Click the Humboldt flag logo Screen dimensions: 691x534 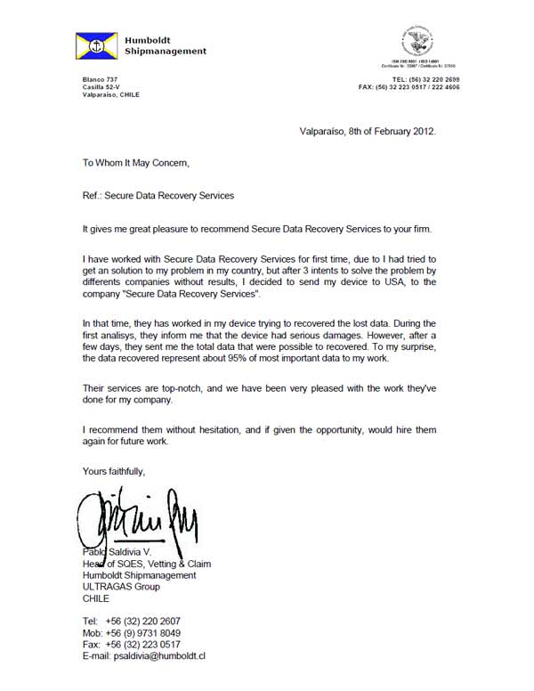pyautogui.click(x=100, y=45)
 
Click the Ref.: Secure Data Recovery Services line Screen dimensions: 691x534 pyautogui.click(x=158, y=196)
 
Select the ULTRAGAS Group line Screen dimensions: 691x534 pyautogui.click(x=119, y=587)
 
